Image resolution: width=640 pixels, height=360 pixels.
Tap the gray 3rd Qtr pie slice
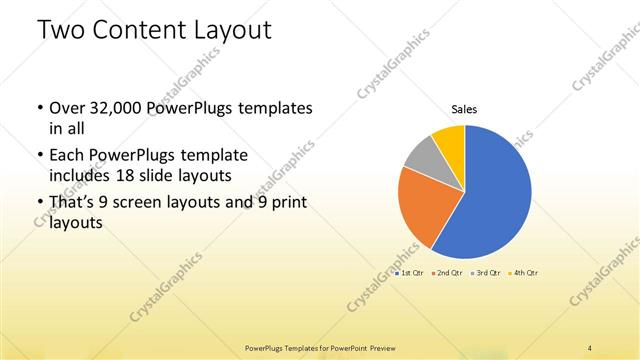[420, 155]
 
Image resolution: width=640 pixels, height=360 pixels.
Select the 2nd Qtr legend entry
[447, 273]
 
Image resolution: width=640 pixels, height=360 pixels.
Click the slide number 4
[590, 347]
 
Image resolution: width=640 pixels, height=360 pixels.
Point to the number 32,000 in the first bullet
[118, 107]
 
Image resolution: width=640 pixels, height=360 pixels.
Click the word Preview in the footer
[377, 348]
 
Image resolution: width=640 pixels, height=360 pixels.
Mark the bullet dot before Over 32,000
[38, 108]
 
